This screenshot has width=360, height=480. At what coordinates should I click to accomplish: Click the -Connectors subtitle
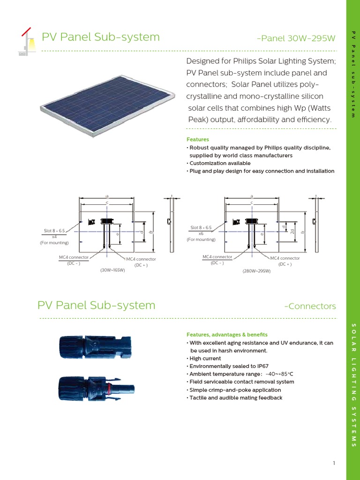[310, 307]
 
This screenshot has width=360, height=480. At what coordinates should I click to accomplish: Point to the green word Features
[197, 140]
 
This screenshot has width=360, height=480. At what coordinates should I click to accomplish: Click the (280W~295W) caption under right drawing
[256, 271]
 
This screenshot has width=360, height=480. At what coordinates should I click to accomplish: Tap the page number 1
[334, 464]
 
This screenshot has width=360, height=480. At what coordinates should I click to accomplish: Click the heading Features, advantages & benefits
[227, 335]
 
